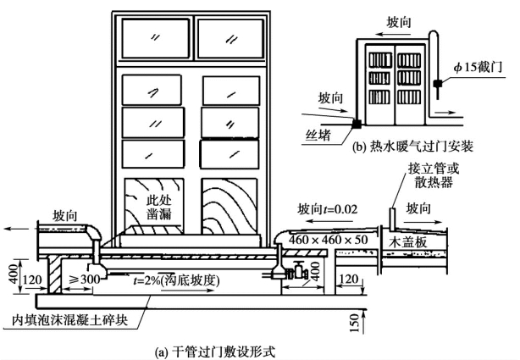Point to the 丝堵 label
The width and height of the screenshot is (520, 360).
point(323,134)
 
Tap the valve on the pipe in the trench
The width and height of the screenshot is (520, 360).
point(297,273)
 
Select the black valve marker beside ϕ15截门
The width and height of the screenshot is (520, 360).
point(434,85)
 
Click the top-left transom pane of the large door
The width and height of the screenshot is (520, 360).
point(157,37)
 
